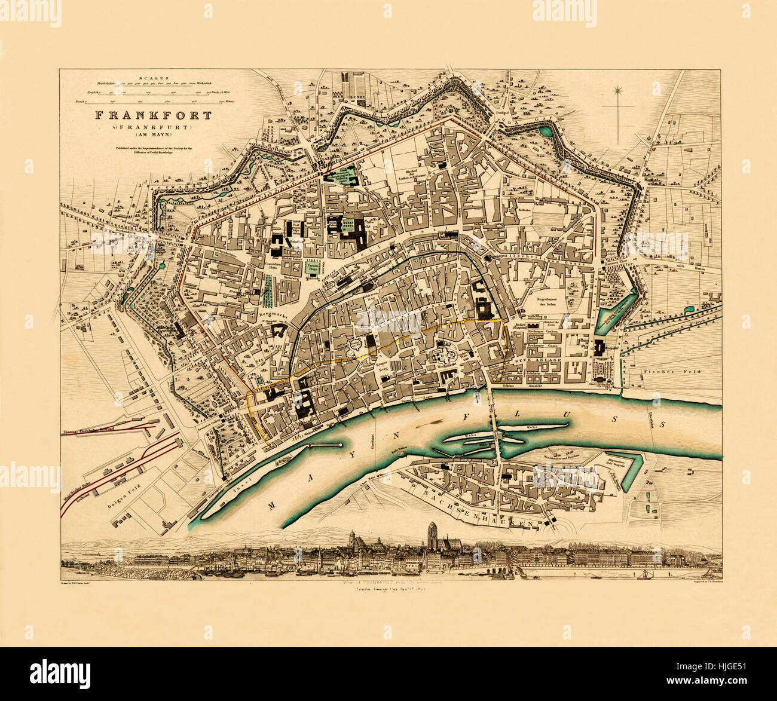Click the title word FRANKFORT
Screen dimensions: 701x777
coord(152,115)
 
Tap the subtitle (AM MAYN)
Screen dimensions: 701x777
coord(152,134)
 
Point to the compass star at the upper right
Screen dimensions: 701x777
coord(617,91)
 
